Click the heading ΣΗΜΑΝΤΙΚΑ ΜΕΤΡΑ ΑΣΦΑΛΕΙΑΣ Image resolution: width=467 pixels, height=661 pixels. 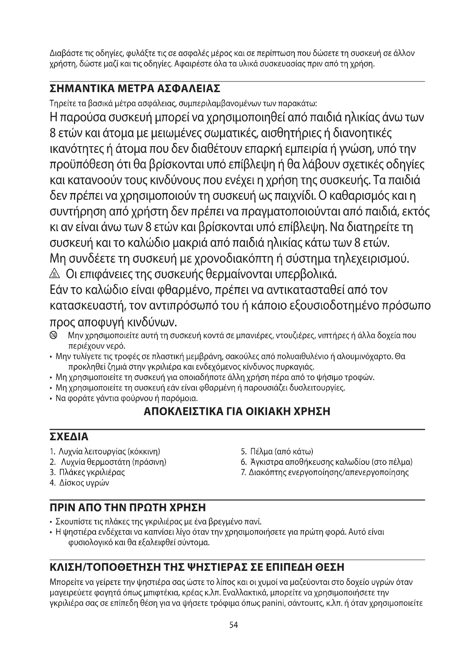135,88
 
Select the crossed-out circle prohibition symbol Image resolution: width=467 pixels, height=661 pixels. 53,335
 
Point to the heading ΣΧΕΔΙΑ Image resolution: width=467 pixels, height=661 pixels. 69,437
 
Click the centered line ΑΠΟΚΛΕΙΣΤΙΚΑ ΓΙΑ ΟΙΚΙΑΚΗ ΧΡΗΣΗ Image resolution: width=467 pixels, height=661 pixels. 237,411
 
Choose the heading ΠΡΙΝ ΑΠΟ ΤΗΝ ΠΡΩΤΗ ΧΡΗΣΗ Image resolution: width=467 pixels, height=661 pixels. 128,507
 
